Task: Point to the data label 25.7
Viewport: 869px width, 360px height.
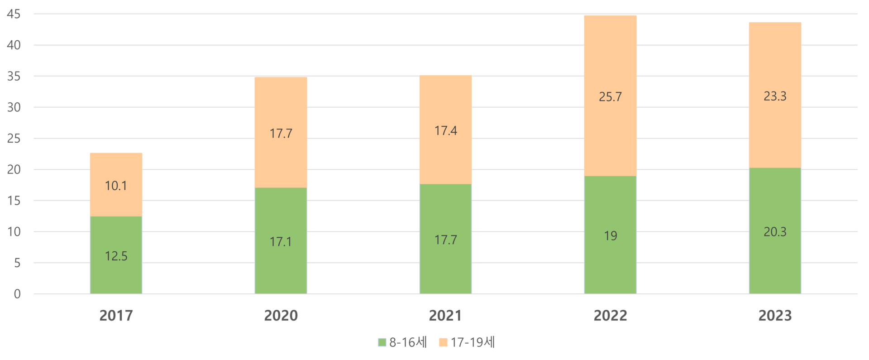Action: pyautogui.click(x=611, y=97)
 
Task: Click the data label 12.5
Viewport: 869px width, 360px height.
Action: pyautogui.click(x=116, y=256)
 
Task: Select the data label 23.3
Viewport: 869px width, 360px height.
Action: pyautogui.click(x=775, y=96)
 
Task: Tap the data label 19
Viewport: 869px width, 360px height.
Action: pyautogui.click(x=611, y=236)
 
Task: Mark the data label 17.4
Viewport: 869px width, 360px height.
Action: pyautogui.click(x=446, y=131)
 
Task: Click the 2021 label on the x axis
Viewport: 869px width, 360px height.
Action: pyautogui.click(x=446, y=316)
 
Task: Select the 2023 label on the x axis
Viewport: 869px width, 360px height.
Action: pyautogui.click(x=775, y=316)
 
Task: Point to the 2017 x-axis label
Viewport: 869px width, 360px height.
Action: pyautogui.click(x=116, y=316)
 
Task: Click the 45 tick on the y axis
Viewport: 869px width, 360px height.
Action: pyautogui.click(x=14, y=14)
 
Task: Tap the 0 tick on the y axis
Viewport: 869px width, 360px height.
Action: pyautogui.click(x=17, y=294)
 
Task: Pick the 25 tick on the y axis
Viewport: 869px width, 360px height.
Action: pyautogui.click(x=14, y=139)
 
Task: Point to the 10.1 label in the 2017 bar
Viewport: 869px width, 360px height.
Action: pyautogui.click(x=116, y=186)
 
